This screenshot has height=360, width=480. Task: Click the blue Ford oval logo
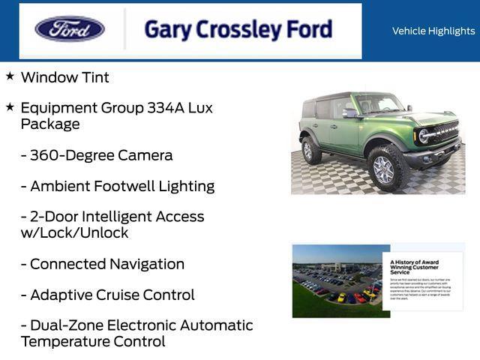[70, 29]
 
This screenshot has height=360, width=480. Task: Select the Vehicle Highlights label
[433, 31]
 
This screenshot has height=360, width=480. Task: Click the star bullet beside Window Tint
[10, 76]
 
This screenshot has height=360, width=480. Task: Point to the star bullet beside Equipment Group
[10, 107]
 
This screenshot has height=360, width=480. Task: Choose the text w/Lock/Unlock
[74, 233]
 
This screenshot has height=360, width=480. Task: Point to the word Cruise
[122, 295]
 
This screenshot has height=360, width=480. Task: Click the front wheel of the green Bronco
[383, 169]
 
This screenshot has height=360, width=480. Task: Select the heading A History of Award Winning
[415, 267]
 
